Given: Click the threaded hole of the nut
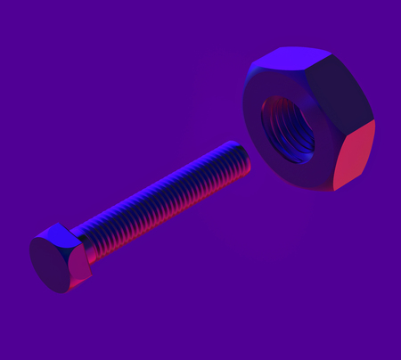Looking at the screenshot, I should point(287,128).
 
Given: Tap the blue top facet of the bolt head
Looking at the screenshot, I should point(59,233).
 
